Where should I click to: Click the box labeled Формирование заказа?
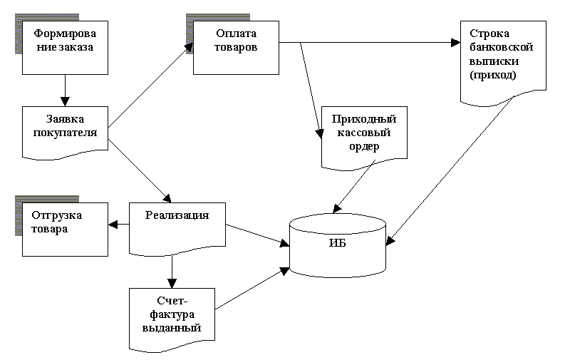(65, 47)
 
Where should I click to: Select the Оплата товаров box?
(236, 47)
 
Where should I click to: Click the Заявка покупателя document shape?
(65, 130)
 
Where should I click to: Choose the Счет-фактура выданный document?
(172, 315)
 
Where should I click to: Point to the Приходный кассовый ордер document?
(364, 135)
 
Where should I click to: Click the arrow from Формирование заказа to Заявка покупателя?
(65, 90)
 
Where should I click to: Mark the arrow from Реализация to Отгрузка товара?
(118, 225)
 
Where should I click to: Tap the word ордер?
(364, 147)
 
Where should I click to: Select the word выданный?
(172, 329)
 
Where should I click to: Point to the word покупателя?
(65, 132)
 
